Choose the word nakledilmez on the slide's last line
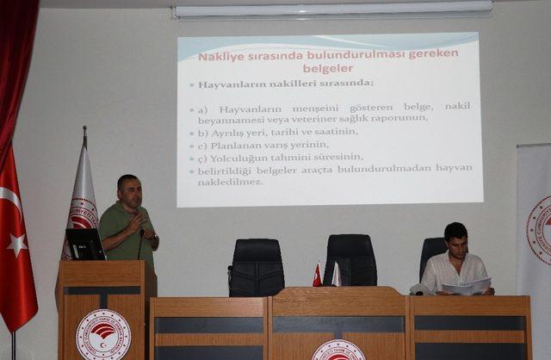[232, 182]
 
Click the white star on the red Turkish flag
[16, 245]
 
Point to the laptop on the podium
[85, 244]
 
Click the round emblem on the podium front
[103, 334]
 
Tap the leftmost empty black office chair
[257, 267]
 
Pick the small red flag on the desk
[317, 275]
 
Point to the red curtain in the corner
[15, 69]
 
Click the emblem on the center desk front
[337, 350]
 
